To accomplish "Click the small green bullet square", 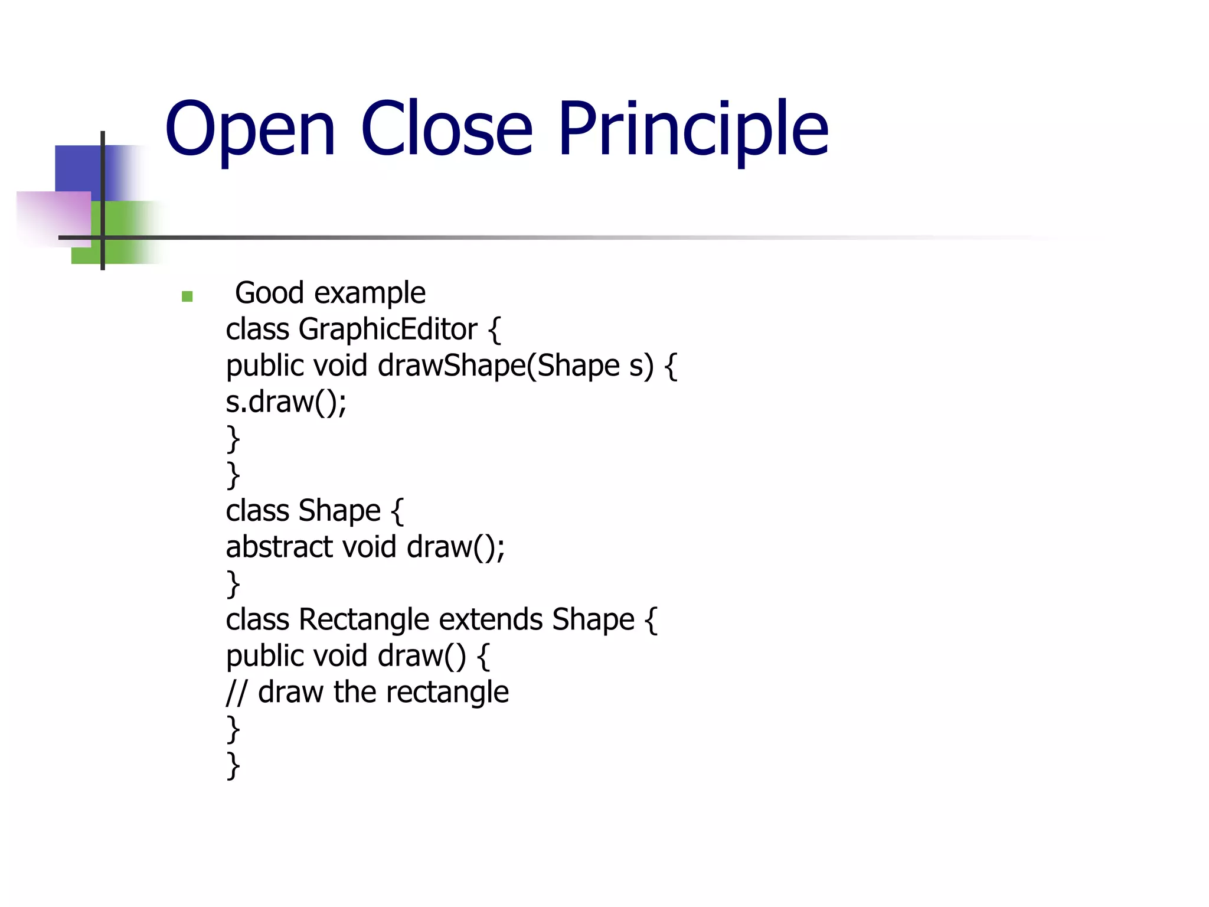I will (187, 296).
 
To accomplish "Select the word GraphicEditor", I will (388, 329).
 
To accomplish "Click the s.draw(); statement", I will (286, 402).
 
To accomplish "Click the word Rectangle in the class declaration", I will (364, 620).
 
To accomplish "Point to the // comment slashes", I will (236, 692).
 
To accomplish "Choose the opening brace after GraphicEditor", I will (495, 330).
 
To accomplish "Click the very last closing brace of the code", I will (234, 765).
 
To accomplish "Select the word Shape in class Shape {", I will (339, 511).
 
